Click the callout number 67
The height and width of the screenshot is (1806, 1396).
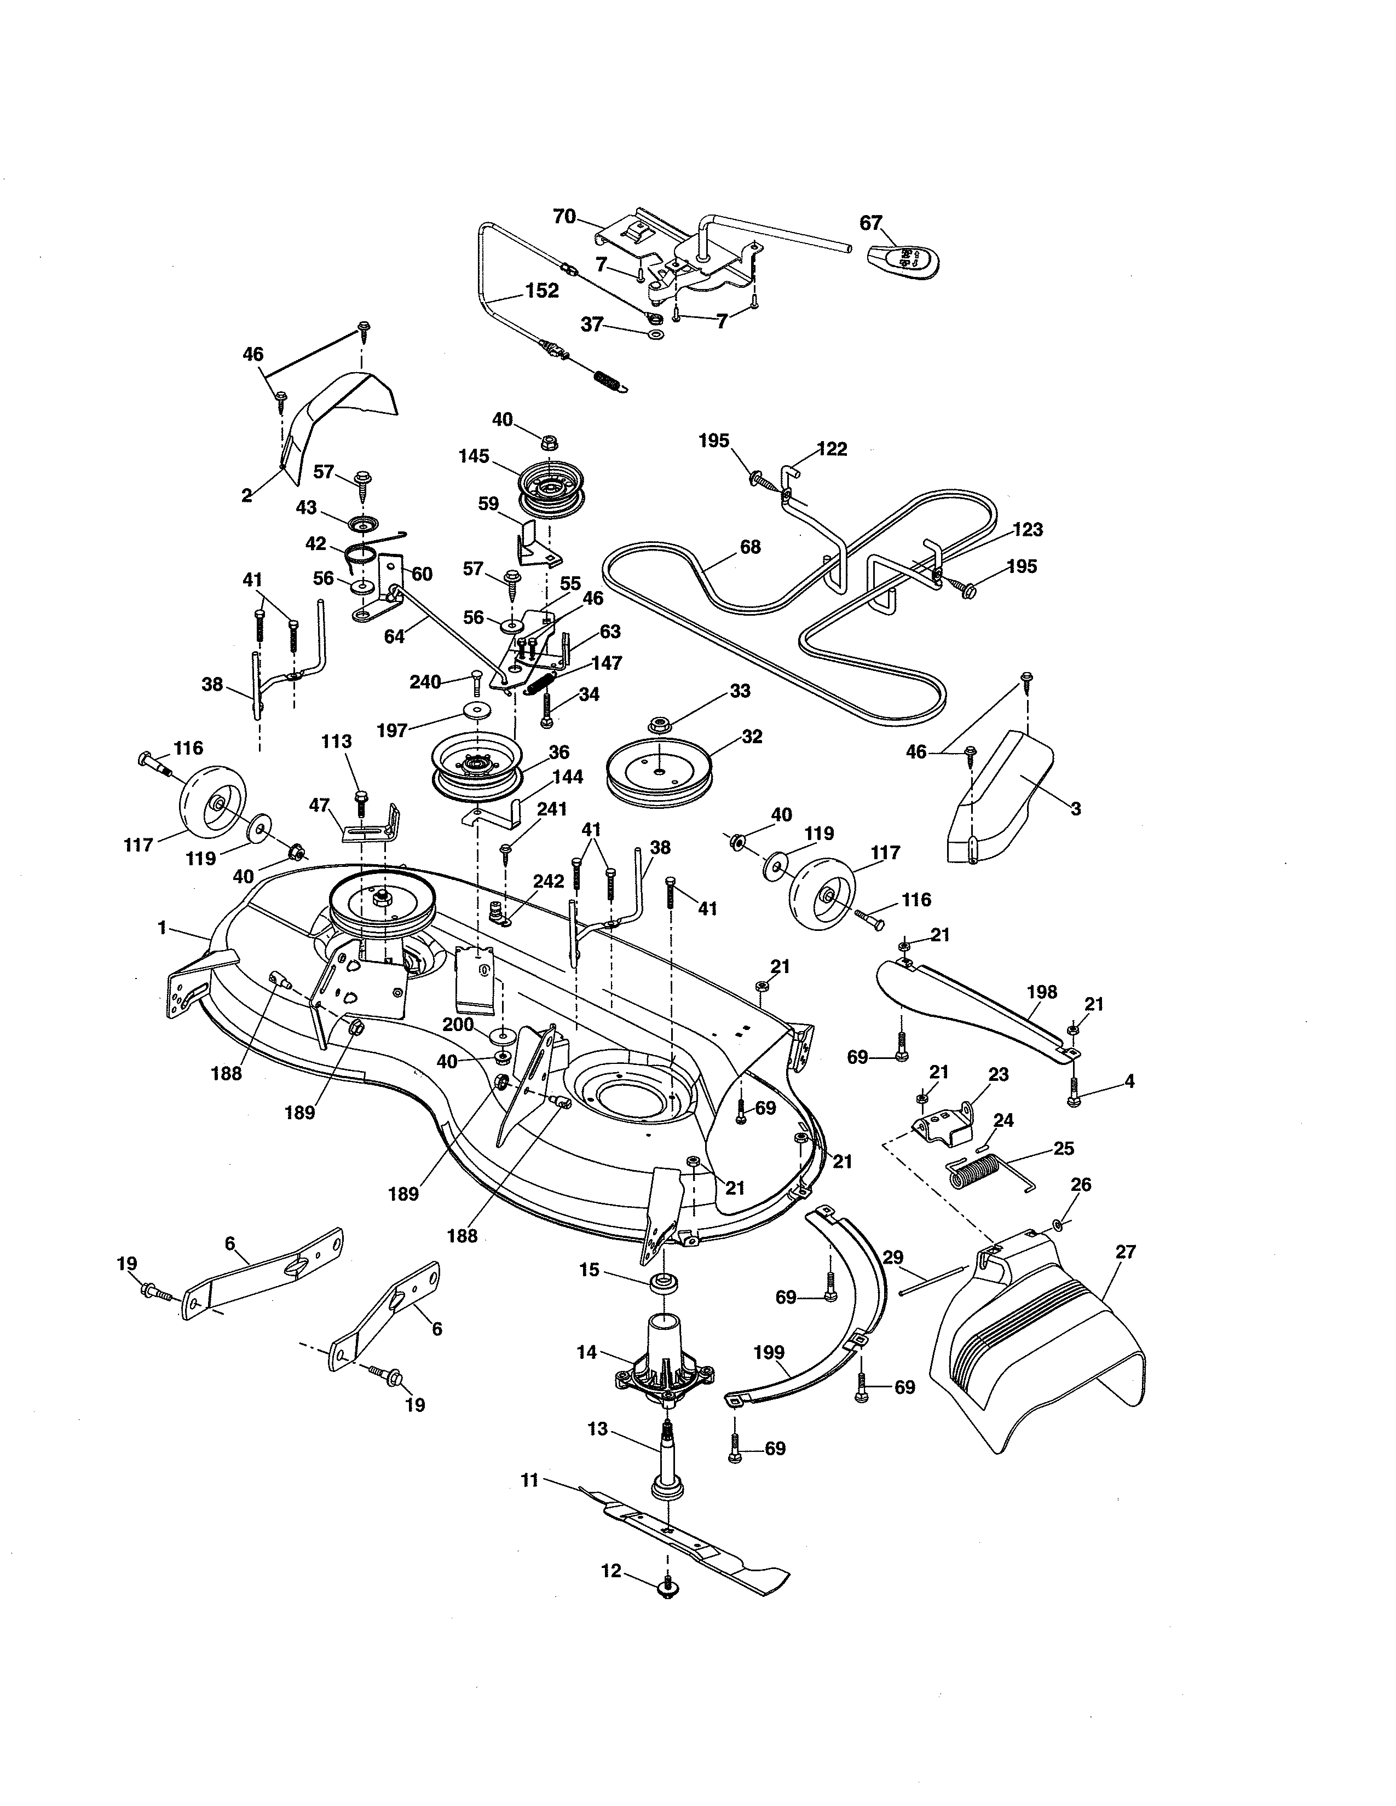tap(871, 222)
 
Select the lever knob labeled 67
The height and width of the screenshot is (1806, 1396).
tap(907, 263)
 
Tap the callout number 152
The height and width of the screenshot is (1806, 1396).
tap(541, 291)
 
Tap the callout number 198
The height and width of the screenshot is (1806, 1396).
tap(1041, 992)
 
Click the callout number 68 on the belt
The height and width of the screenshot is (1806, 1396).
tap(750, 547)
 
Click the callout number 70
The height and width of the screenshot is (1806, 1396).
tap(564, 217)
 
